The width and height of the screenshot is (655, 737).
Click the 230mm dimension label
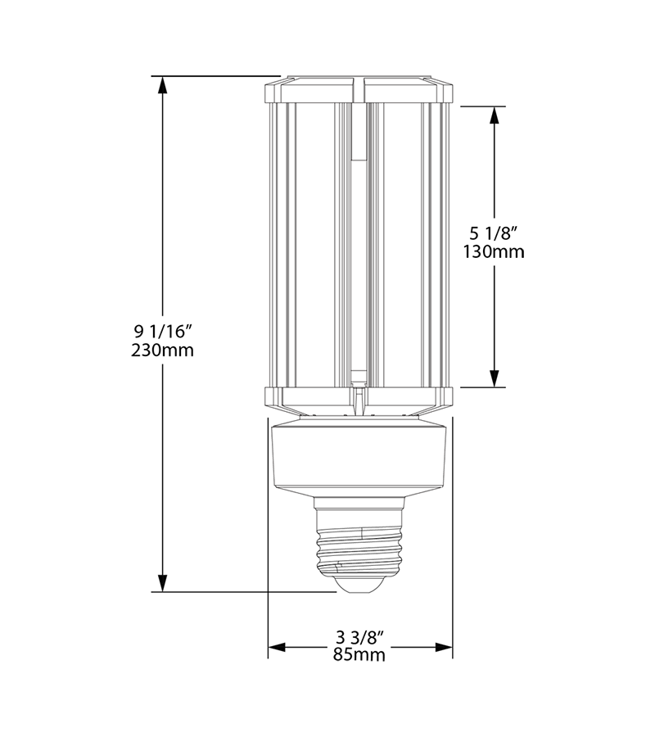(162, 350)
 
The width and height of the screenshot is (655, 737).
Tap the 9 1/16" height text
(162, 332)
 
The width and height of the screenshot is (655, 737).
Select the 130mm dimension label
(494, 252)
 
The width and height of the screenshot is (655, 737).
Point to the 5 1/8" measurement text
(494, 233)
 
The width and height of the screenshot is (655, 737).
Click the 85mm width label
(360, 655)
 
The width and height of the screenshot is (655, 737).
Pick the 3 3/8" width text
(360, 637)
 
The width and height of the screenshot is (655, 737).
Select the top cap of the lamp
(360, 89)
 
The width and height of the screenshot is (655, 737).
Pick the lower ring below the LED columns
(360, 399)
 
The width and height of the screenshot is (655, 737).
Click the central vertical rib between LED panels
(358, 246)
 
